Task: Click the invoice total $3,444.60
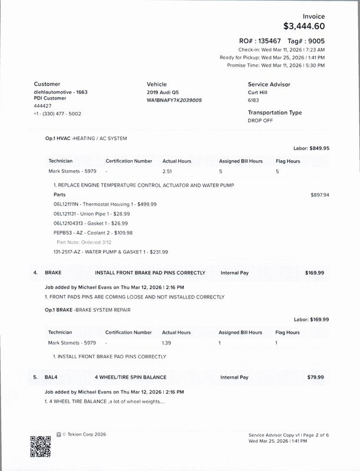point(303,26)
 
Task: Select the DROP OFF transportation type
point(261,120)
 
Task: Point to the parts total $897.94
point(319,194)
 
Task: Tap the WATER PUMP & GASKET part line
point(110,251)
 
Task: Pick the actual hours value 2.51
point(167,171)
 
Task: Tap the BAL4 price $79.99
point(318,376)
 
